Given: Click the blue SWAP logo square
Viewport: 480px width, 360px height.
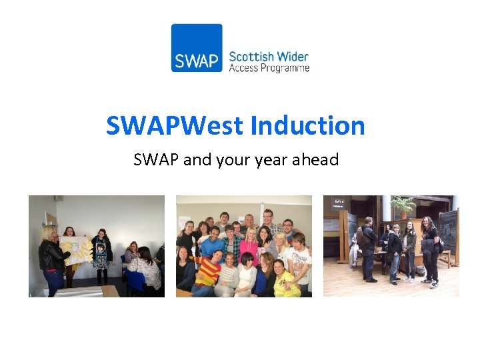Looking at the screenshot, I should click(x=197, y=48).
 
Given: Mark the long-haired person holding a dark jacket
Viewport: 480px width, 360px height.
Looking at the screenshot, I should click(x=429, y=250).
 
